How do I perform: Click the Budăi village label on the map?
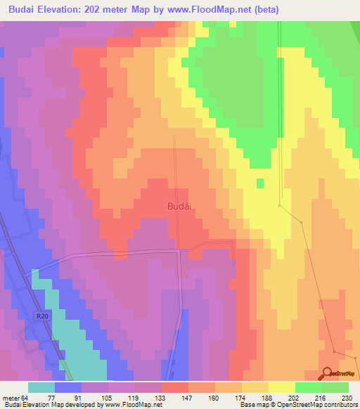click(x=180, y=206)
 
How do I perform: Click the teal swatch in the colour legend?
click(x=41, y=387)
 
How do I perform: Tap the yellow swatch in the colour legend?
click(x=282, y=387)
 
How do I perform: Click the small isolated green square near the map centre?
click(x=260, y=183)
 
